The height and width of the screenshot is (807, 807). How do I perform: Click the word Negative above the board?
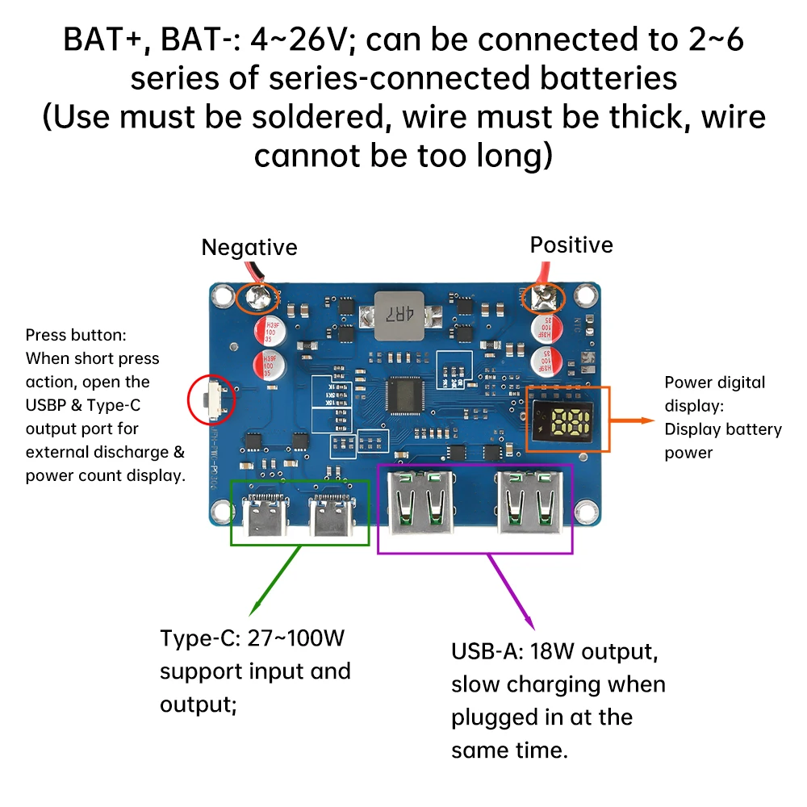(x=249, y=247)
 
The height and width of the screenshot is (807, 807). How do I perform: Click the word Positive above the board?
(x=571, y=245)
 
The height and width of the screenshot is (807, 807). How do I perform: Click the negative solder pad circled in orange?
(x=259, y=298)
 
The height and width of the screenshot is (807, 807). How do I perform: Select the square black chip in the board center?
(x=403, y=393)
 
